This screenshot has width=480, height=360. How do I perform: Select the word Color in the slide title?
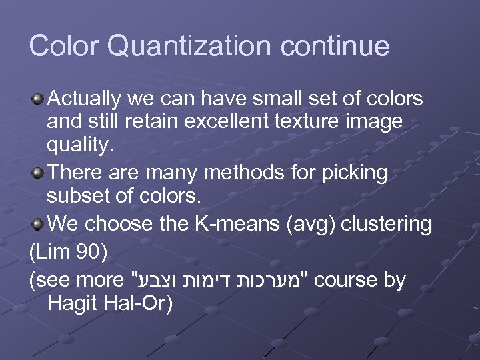coord(63,46)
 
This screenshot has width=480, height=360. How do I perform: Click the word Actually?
coord(84,99)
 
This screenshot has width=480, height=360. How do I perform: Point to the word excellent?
coord(259,122)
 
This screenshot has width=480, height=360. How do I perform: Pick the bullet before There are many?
coord(39,173)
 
